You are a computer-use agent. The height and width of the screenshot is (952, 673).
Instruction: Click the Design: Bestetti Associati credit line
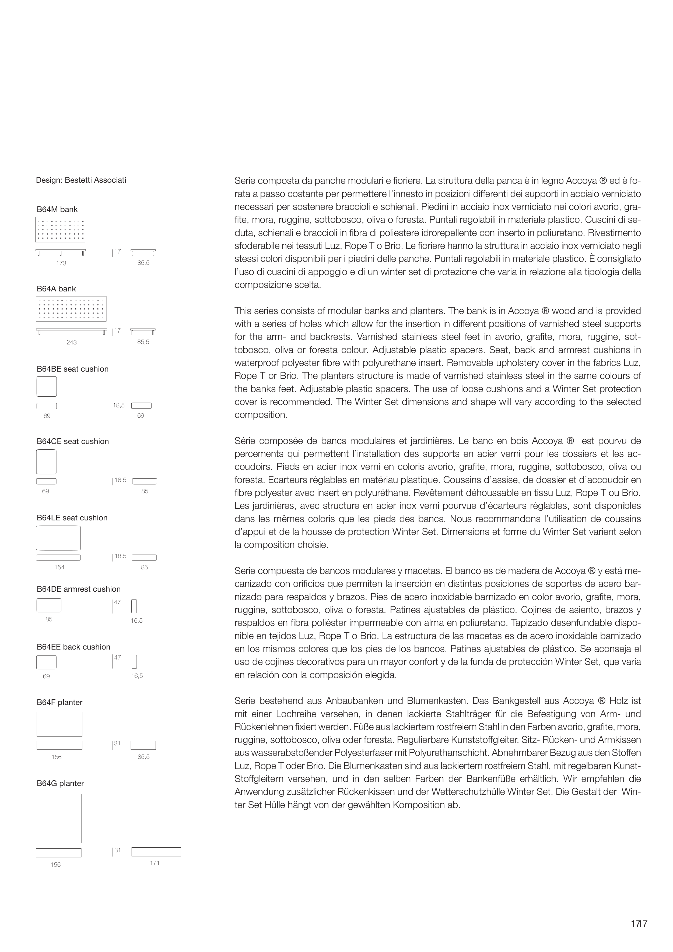coord(81,180)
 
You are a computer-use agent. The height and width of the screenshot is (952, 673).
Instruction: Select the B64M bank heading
coord(57,210)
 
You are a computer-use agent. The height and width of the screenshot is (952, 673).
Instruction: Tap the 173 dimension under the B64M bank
coord(61,263)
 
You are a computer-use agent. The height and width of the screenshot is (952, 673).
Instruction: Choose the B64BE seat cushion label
coord(73,369)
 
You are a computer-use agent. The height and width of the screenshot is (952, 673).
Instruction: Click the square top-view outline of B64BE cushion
coord(47,386)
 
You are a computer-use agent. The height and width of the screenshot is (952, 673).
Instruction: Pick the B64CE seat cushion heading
coord(73,442)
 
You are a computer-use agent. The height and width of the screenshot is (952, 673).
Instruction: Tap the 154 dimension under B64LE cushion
coord(59,568)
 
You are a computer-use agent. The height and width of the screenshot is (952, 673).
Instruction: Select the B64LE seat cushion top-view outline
coord(58,538)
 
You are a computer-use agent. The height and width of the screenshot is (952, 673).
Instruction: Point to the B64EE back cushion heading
coord(73,647)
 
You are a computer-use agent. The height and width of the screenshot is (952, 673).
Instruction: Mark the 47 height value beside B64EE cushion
coord(117,658)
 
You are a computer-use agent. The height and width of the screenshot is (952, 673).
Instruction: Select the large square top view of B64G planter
coord(58,819)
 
